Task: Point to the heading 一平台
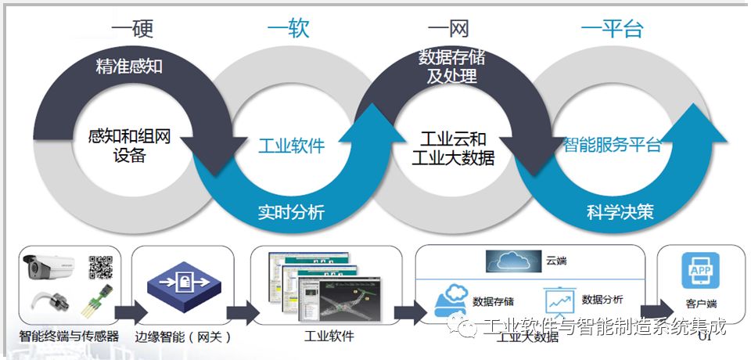pos(612,29)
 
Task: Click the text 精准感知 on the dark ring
pos(129,66)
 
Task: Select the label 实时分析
pos(291,212)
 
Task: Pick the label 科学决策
pos(620,212)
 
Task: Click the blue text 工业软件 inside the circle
pos(291,146)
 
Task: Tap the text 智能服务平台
pos(613,146)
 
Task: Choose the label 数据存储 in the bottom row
pos(494,301)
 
